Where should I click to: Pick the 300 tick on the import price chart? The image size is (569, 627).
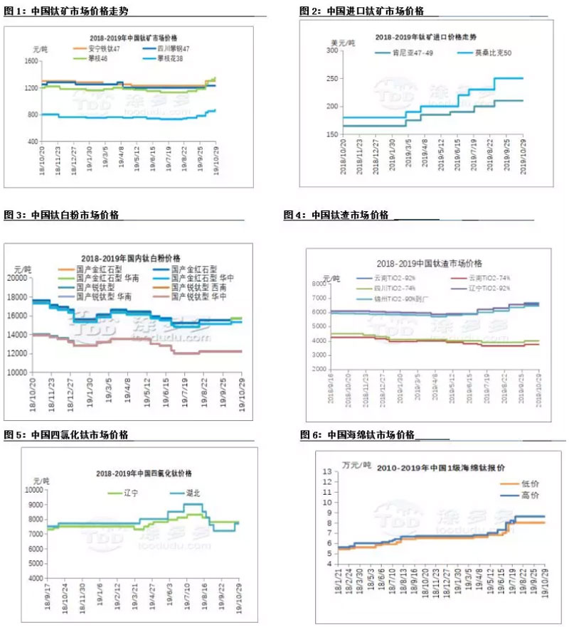tap(331, 51)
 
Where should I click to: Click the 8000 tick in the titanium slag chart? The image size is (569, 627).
tap(321, 284)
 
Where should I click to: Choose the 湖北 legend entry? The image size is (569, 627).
tap(186, 493)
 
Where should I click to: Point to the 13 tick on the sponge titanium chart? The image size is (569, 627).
tap(328, 471)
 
